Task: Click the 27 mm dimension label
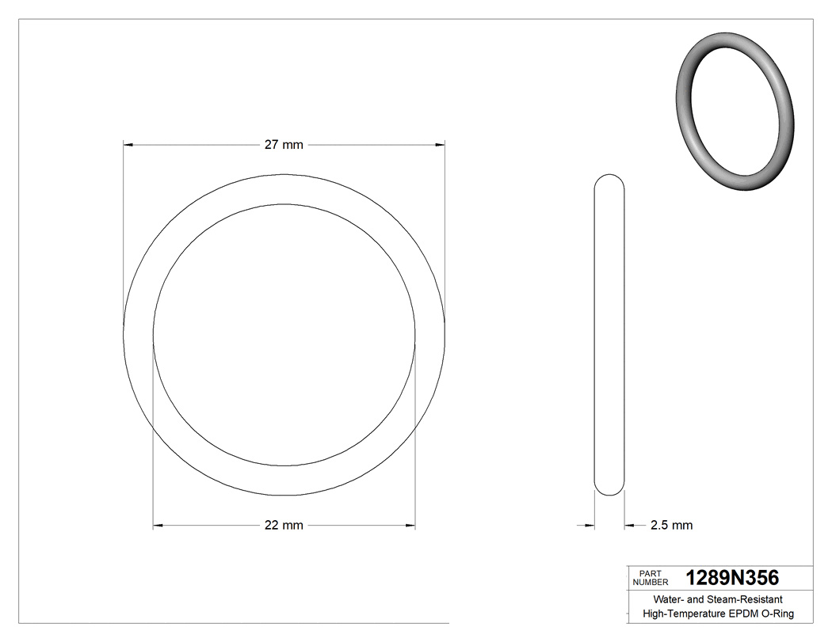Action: click(284, 145)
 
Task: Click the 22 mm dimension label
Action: click(284, 525)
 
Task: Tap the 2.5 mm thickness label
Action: click(671, 525)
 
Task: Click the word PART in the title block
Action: click(649, 573)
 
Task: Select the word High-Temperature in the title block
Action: click(684, 614)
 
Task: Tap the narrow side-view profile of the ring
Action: click(609, 334)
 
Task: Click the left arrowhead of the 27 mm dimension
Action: click(128, 145)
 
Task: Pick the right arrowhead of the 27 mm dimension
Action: click(439, 145)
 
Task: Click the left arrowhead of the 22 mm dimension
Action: click(158, 525)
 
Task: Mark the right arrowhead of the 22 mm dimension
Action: click(410, 525)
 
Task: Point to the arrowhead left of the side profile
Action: click(590, 525)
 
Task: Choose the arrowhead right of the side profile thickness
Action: click(629, 525)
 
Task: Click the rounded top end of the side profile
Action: click(609, 178)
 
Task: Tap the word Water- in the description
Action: click(666, 600)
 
